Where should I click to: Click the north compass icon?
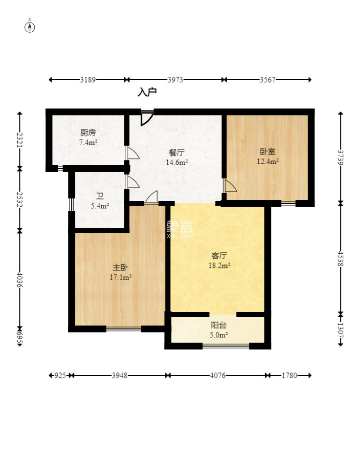pyautogui.click(x=29, y=27)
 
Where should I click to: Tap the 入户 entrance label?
pyautogui.click(x=147, y=92)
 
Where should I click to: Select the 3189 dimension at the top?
pyautogui.click(x=88, y=80)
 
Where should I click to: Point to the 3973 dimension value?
pyautogui.click(x=175, y=80)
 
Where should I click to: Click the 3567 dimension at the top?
pyautogui.click(x=268, y=80)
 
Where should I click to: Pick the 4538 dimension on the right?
pyautogui.click(x=340, y=258)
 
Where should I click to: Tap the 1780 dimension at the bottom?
pyautogui.click(x=289, y=375)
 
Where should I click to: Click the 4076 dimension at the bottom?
pyautogui.click(x=218, y=375)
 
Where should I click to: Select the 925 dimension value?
pyautogui.click(x=60, y=375)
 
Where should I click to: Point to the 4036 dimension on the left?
pyautogui.click(x=20, y=280)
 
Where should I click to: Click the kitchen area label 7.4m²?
pyautogui.click(x=88, y=143)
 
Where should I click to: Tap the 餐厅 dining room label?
pyautogui.click(x=177, y=153)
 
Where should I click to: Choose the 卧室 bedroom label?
pyautogui.click(x=268, y=152)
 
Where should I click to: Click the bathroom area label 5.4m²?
pyautogui.click(x=100, y=206)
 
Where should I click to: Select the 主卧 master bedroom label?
pyautogui.click(x=120, y=267)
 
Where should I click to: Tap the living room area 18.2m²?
pyautogui.click(x=219, y=265)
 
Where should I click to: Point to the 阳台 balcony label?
pyautogui.click(x=219, y=325)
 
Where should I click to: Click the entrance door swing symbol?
pyautogui.click(x=147, y=117)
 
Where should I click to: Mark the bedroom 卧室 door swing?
pyautogui.click(x=229, y=186)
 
